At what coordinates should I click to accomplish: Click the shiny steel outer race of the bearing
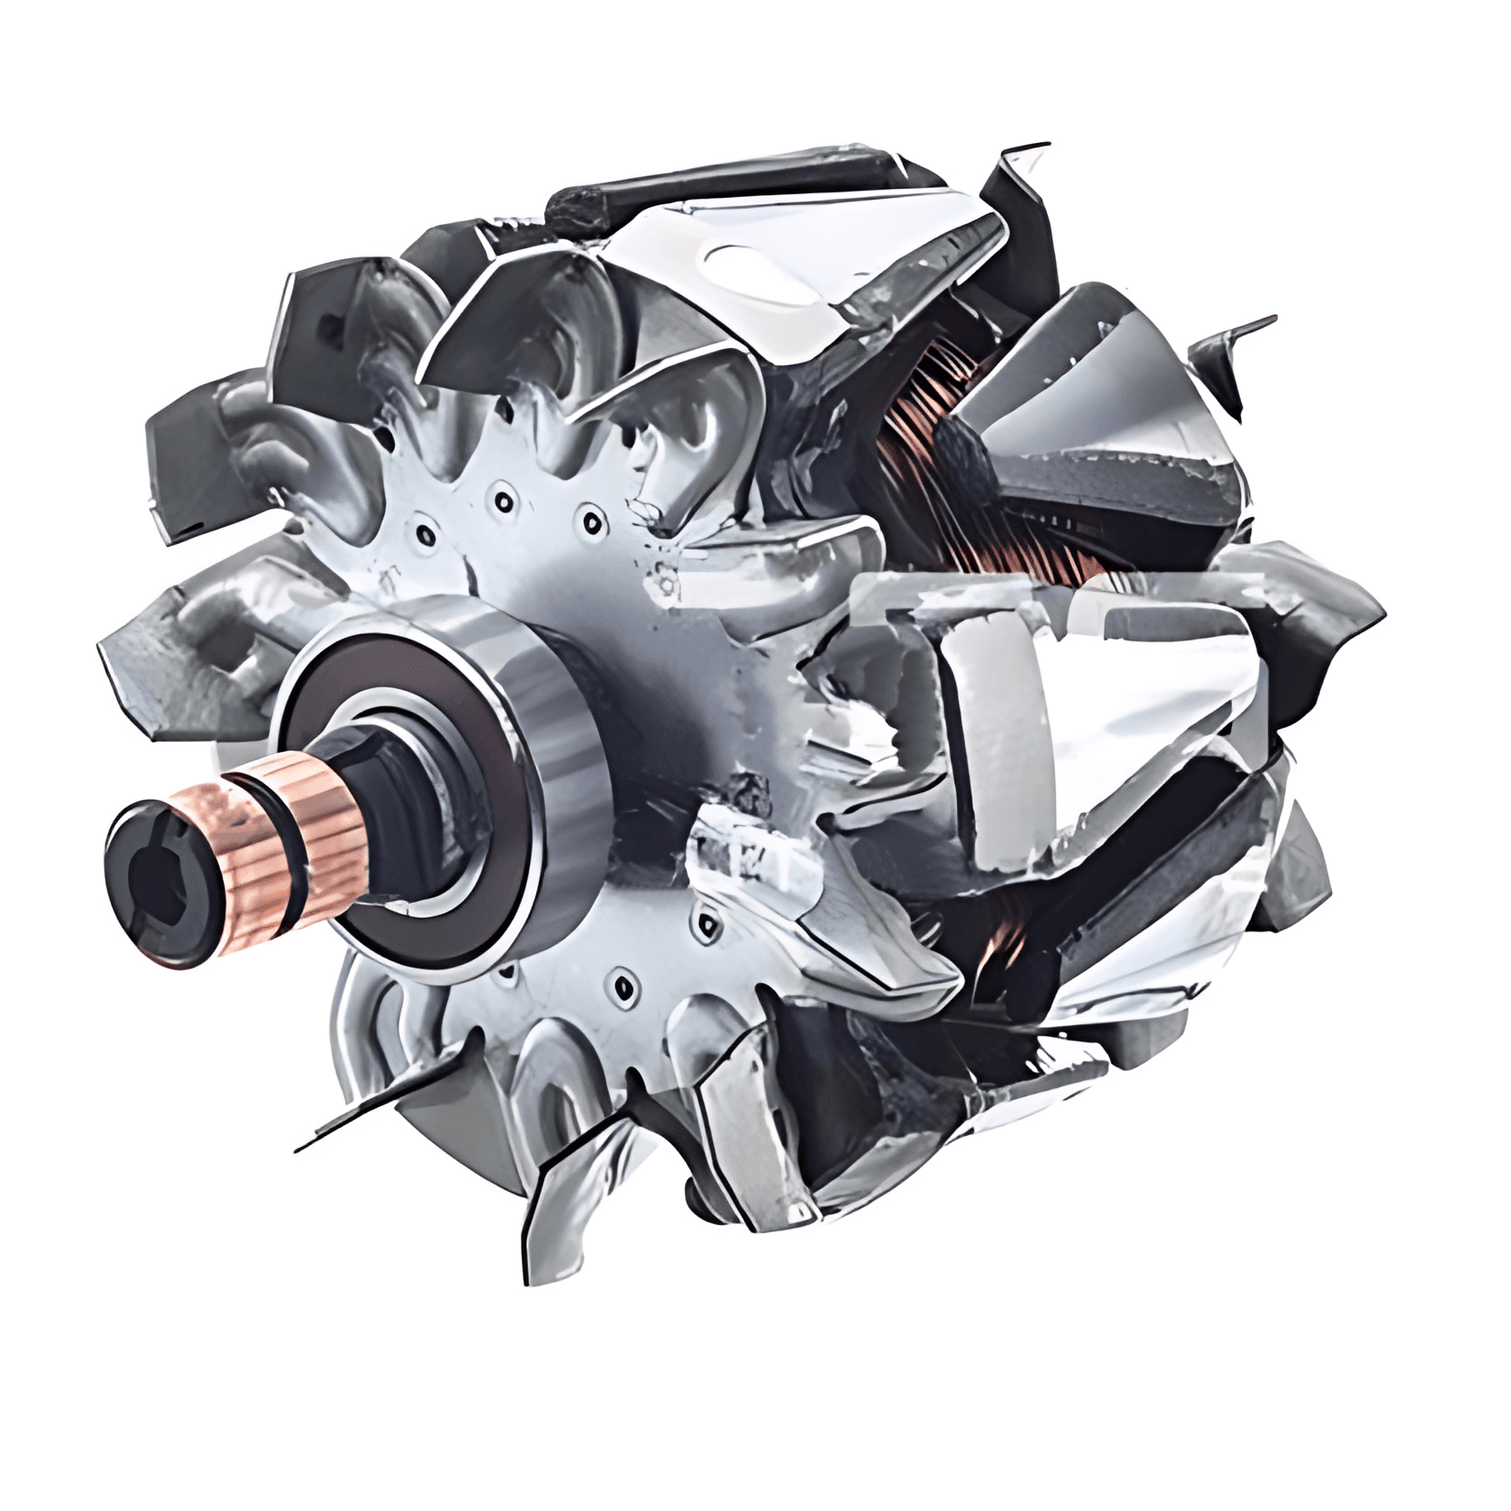pyautogui.click(x=549, y=711)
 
